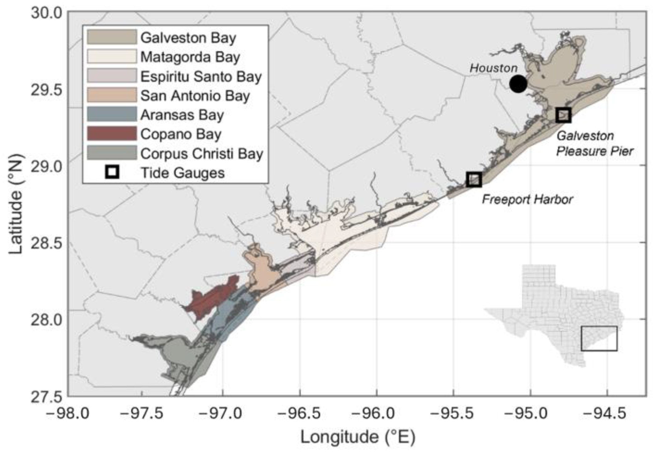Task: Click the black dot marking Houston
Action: coord(518,84)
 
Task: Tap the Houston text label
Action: coord(493,68)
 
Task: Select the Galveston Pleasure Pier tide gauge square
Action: coord(563,115)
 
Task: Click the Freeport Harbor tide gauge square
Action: coord(474,179)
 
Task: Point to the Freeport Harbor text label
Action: coord(527,200)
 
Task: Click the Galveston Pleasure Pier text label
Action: coord(594,144)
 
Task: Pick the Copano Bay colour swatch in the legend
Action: coord(112,134)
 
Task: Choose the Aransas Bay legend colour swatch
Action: coord(112,114)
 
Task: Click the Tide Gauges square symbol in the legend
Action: coord(112,172)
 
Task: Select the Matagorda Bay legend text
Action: coord(190,57)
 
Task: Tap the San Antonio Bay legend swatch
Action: coord(112,95)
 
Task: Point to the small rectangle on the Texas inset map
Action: coord(599,338)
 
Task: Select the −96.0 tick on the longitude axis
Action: coord(376,413)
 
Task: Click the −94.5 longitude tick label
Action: coord(607,413)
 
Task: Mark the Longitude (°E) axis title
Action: coord(358,437)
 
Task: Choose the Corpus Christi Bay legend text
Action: coord(201,153)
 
